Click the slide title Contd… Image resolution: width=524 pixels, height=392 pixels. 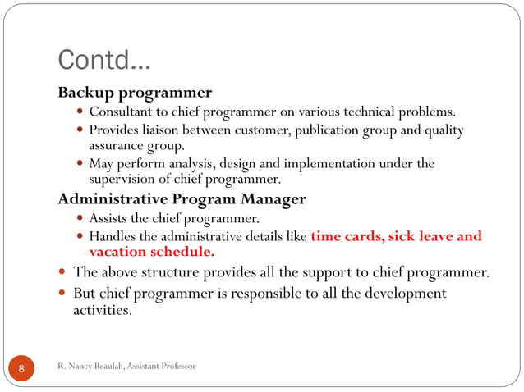(x=104, y=60)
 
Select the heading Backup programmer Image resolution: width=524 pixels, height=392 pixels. (x=135, y=92)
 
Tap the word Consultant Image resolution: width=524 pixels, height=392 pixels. (x=120, y=112)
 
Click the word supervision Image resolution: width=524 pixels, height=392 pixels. (x=123, y=178)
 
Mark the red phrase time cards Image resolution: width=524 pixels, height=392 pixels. (x=345, y=237)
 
